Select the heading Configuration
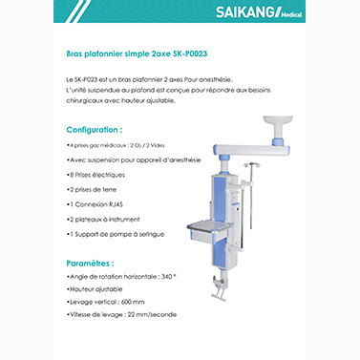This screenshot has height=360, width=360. (x=94, y=128)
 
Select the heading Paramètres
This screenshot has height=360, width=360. (x=90, y=262)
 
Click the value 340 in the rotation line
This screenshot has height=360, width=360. (x=169, y=276)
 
